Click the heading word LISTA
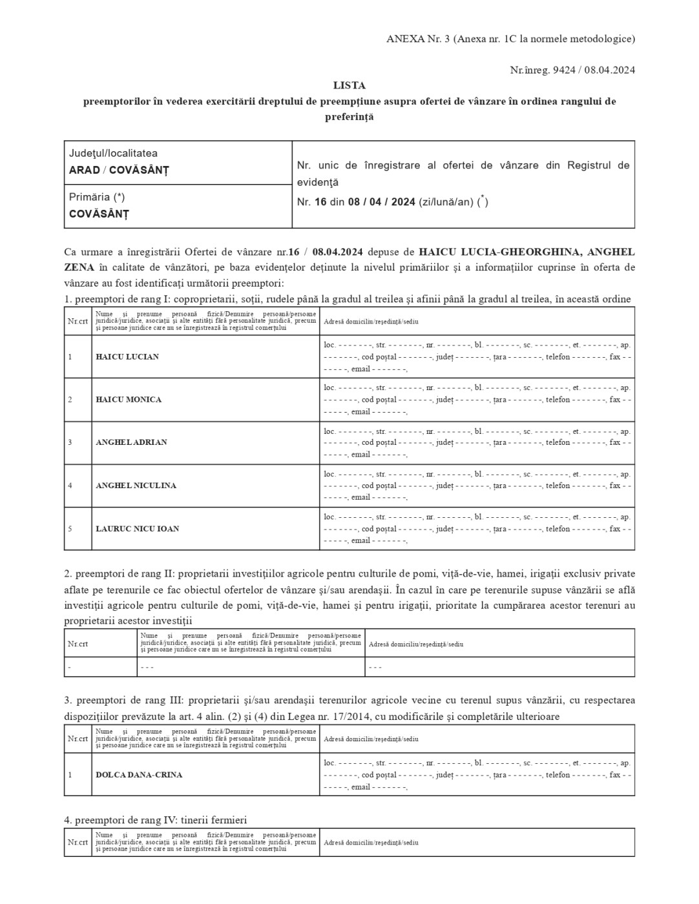pyautogui.click(x=349, y=85)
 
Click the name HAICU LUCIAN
pyautogui.click(x=127, y=357)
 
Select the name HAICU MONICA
pyautogui.click(x=129, y=400)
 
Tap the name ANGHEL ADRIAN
pyautogui.click(x=131, y=442)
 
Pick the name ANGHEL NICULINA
pyautogui.click(x=136, y=486)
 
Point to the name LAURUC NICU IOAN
pyautogui.click(x=138, y=529)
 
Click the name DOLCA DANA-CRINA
pyautogui.click(x=139, y=775)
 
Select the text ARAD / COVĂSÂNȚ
pyautogui.click(x=119, y=170)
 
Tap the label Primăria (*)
pyautogui.click(x=97, y=197)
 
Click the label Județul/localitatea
pyautogui.click(x=113, y=154)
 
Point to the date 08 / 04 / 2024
pyautogui.click(x=381, y=202)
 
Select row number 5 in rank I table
pyautogui.click(x=70, y=529)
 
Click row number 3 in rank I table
pyautogui.click(x=70, y=442)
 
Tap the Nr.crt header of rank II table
pyautogui.click(x=78, y=644)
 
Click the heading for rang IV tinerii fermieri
pyautogui.click(x=155, y=820)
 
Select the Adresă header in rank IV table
pyautogui.click(x=371, y=843)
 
